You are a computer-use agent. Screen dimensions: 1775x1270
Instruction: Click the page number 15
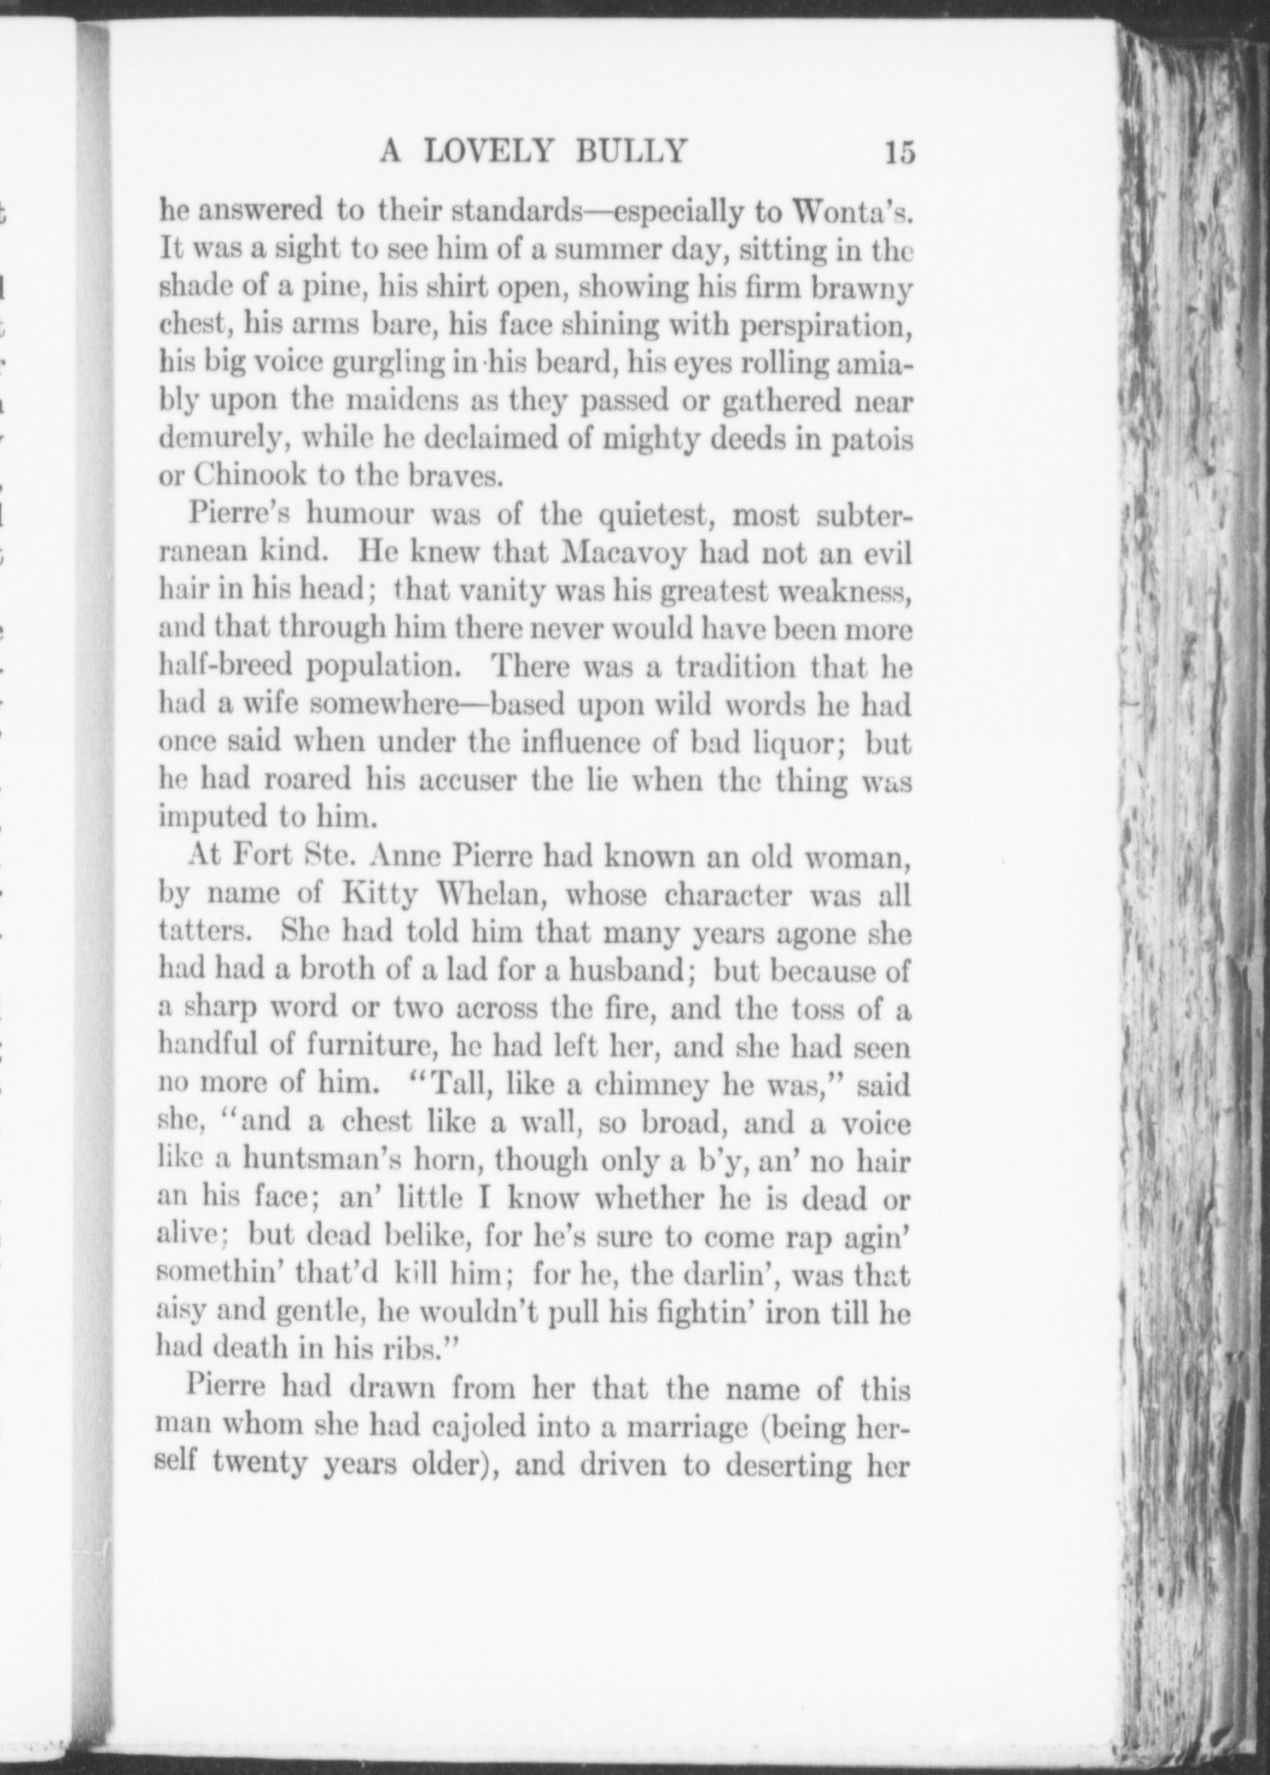[x=900, y=152]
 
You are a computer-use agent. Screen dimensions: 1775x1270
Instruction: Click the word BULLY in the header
[x=632, y=151]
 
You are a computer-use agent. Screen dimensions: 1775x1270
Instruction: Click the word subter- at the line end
[x=864, y=515]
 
